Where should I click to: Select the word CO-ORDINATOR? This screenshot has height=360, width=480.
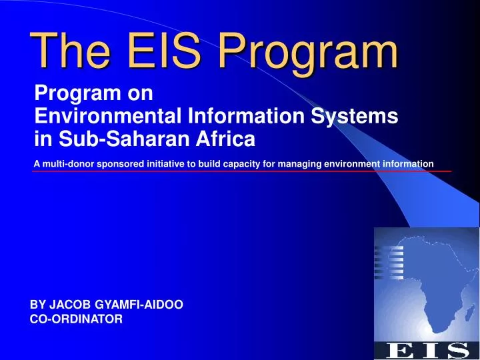77,319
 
